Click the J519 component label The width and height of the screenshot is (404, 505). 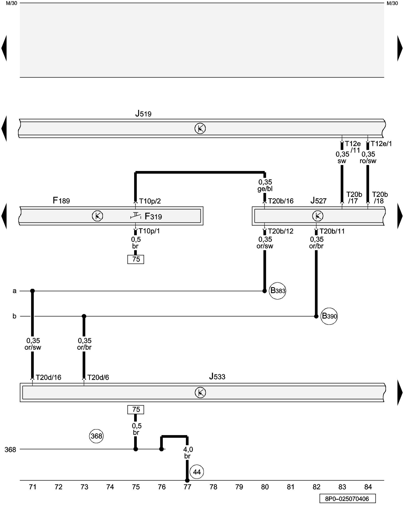click(x=143, y=114)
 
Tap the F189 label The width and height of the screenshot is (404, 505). click(x=61, y=200)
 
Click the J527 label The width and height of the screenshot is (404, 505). click(x=318, y=201)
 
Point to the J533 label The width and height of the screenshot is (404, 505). click(x=217, y=376)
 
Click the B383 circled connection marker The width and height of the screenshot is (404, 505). click(x=277, y=291)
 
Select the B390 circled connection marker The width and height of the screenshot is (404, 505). click(x=329, y=316)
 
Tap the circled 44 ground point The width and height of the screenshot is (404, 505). click(x=197, y=472)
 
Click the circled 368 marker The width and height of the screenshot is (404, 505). click(x=96, y=436)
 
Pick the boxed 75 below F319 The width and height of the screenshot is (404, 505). click(x=136, y=259)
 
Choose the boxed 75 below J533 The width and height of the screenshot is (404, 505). click(x=136, y=410)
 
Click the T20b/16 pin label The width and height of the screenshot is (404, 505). click(x=281, y=201)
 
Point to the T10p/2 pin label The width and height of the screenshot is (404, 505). click(x=150, y=201)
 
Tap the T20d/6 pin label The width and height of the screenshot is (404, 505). click(x=98, y=377)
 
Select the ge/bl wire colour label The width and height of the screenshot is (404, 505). click(x=265, y=189)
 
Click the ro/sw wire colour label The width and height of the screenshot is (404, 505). click(x=368, y=161)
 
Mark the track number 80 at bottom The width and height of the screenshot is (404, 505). click(x=265, y=487)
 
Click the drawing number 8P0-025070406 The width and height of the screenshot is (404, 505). click(x=347, y=499)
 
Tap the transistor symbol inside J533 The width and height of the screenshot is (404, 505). click(x=200, y=393)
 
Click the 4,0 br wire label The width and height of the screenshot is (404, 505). click(x=188, y=453)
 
